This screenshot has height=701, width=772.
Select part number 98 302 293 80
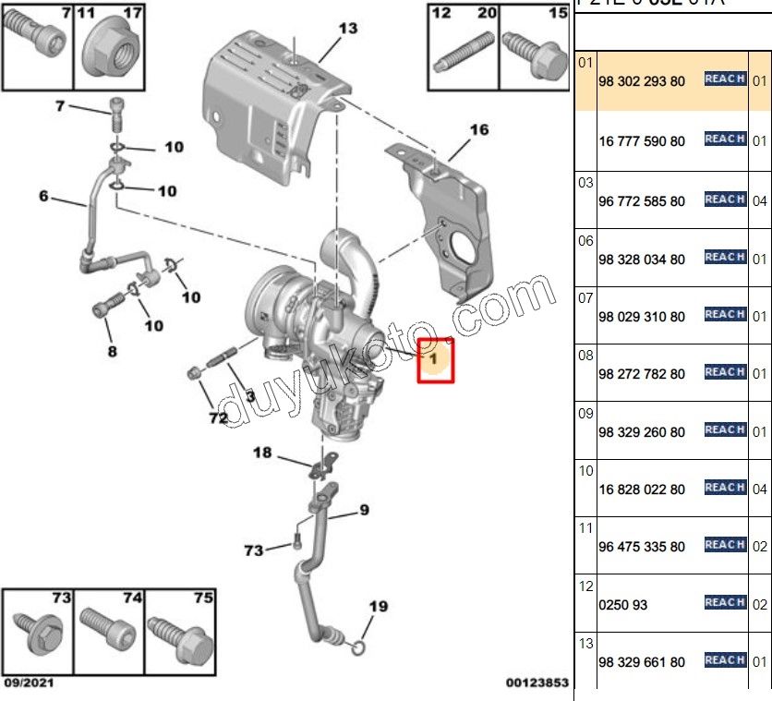coord(642,82)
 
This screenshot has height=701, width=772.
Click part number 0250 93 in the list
coord(623,605)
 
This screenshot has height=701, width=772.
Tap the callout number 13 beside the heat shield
coord(346,29)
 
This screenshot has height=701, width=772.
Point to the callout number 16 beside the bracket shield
coord(478,130)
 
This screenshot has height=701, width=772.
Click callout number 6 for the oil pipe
coord(42,196)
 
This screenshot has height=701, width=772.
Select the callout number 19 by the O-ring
coord(379,607)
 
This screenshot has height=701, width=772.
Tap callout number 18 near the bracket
coord(262,453)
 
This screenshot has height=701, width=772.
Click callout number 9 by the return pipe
coord(364,509)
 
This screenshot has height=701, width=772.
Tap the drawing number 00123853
coord(537,683)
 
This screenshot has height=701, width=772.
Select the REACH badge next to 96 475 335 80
coord(724,545)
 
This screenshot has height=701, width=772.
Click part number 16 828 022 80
coord(642,489)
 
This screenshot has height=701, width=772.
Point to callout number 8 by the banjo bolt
coord(111,351)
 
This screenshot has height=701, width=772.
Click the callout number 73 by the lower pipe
coord(253,550)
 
